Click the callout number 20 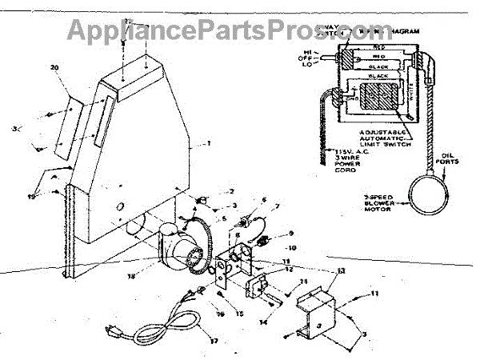coord(55,68)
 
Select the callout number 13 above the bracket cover coord(340,271)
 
